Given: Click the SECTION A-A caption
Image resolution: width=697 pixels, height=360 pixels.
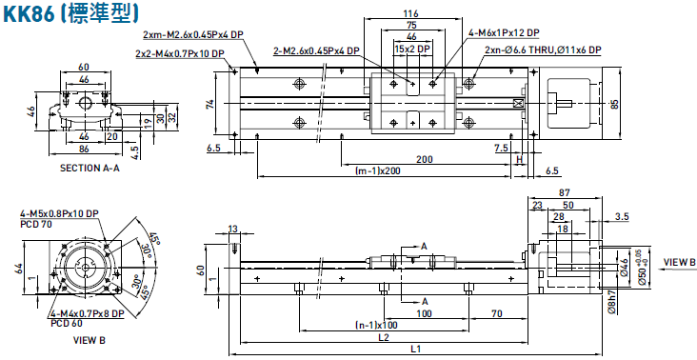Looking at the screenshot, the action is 90,168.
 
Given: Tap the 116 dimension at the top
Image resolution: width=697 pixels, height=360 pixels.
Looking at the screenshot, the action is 412,14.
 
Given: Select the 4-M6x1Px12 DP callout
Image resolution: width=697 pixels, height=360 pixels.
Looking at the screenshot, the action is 504,33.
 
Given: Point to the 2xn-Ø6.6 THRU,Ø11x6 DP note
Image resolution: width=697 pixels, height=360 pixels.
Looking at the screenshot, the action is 543,50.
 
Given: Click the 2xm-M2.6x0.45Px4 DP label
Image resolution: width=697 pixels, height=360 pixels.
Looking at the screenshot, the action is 193,34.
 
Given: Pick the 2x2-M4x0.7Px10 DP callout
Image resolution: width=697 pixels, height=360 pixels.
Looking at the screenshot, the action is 180,53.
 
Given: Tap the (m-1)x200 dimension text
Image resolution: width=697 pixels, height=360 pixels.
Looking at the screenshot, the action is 375,170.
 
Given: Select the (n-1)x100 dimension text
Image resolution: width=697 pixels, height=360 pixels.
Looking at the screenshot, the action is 376,325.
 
